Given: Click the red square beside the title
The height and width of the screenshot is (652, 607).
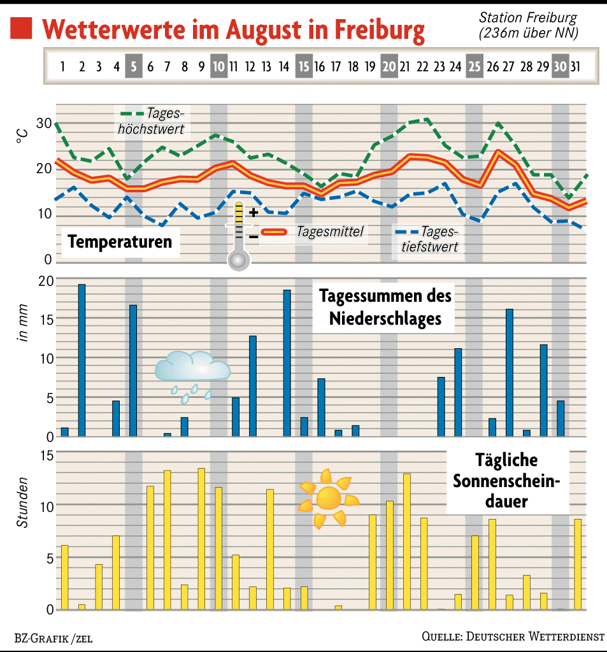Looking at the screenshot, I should click(22, 29).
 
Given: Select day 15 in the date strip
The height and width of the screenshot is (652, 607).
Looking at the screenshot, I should click(304, 66).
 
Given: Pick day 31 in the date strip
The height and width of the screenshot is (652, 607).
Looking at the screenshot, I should click(575, 66).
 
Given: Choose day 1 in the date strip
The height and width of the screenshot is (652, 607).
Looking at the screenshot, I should click(63, 66).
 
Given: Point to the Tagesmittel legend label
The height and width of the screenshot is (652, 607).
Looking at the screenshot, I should click(329, 232).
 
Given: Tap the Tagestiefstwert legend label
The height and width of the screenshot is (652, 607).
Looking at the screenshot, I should click(430, 240).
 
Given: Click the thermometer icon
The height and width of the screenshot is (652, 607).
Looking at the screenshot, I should click(239, 236).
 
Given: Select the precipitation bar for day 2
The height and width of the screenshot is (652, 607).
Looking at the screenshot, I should click(82, 360).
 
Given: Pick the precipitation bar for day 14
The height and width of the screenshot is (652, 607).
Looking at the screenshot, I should click(287, 363).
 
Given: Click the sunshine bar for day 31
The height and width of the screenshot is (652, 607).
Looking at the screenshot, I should click(578, 564).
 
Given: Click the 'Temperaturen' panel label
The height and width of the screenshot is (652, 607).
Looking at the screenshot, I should click(120, 242).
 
